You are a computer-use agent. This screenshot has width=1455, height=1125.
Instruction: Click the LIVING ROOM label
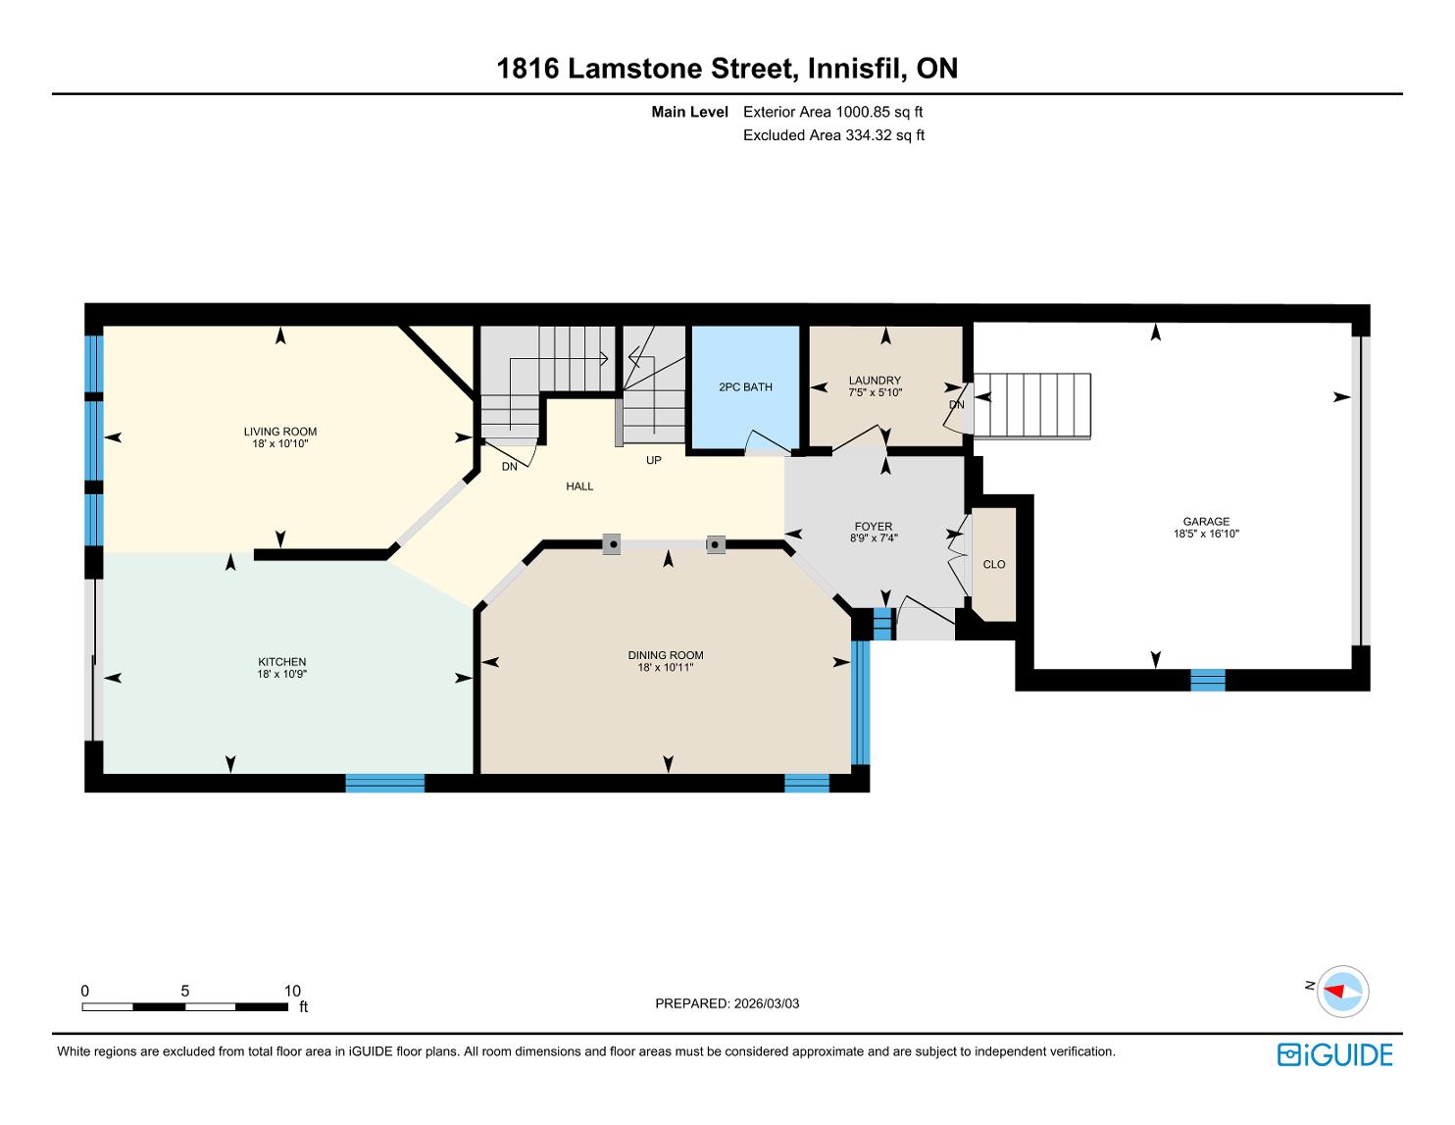click(x=279, y=432)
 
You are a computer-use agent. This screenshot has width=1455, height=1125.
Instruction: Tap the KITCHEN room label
click(x=282, y=662)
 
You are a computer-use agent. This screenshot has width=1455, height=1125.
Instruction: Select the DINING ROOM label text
click(x=666, y=655)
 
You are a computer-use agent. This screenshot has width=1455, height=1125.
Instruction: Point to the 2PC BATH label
click(x=745, y=387)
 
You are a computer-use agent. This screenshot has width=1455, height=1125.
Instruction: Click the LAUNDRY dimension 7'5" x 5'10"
click(x=876, y=392)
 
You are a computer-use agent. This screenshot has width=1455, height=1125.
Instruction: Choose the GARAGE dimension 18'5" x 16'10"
click(x=1206, y=534)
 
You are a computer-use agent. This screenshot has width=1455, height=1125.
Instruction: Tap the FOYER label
click(x=874, y=527)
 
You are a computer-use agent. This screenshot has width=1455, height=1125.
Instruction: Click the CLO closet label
click(x=993, y=565)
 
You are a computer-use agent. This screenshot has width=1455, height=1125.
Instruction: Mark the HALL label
click(x=579, y=486)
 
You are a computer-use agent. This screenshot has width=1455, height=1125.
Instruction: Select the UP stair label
click(x=654, y=460)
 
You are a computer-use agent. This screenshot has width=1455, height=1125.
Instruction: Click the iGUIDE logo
click(x=1334, y=1054)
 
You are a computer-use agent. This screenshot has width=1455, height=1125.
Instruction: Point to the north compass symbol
click(x=1342, y=991)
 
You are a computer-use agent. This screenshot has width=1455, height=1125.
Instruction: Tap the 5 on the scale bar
click(x=184, y=991)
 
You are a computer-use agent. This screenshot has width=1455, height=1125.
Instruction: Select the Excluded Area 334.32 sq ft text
click(x=833, y=135)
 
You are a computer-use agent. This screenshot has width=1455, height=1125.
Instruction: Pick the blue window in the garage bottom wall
click(x=1207, y=680)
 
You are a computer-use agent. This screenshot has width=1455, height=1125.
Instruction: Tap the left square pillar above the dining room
click(x=612, y=544)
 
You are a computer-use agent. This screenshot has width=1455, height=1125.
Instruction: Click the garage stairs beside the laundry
click(x=1031, y=406)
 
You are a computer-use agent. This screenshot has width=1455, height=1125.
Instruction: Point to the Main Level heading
click(x=689, y=112)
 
